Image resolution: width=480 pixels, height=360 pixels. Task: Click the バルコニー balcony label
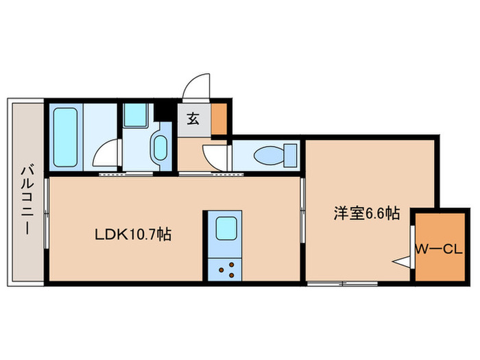tap(25, 200)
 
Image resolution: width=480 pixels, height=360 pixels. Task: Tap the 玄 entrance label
tap(193, 118)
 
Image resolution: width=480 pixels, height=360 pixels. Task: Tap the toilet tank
tap(291, 154)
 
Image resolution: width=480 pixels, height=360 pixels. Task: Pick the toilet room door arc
tap(214, 156)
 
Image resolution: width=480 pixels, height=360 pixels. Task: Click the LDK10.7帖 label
tap(132, 235)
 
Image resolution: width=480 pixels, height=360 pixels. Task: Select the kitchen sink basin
tap(226, 228)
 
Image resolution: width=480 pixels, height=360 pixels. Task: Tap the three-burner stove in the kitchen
tap(226, 268)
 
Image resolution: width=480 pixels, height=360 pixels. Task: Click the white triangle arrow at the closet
tap(400, 261)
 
